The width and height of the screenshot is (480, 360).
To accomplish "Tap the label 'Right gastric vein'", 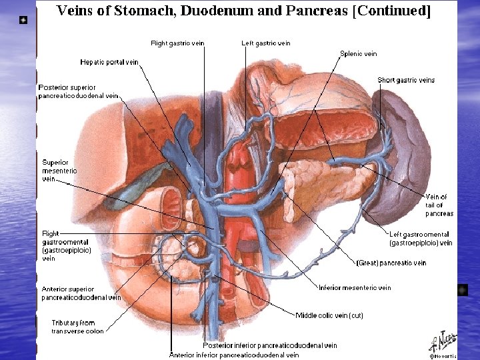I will click(177, 43).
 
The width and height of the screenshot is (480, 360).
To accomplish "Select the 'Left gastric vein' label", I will click(266, 43).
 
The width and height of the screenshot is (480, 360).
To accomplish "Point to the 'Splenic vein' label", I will click(359, 54).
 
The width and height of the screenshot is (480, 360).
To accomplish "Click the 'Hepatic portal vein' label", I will click(109, 62).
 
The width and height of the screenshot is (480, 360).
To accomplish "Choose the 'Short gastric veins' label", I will click(406, 80).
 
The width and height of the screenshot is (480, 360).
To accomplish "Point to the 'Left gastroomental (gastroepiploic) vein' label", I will click(421, 239).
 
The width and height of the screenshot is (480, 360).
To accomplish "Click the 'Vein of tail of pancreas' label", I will click(439, 205).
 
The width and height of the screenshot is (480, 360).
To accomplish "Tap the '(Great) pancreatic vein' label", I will click(391, 263).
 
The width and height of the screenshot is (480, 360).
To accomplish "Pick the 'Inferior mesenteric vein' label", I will click(355, 288).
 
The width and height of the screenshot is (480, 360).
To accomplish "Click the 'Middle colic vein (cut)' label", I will click(329, 315).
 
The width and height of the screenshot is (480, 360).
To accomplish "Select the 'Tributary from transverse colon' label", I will click(78, 327).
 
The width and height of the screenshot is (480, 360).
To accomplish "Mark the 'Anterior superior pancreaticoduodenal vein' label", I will click(81, 293).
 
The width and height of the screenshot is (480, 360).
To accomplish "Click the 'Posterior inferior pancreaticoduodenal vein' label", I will click(270, 345).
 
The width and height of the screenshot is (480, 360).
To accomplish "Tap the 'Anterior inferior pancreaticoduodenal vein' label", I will click(234, 355).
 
